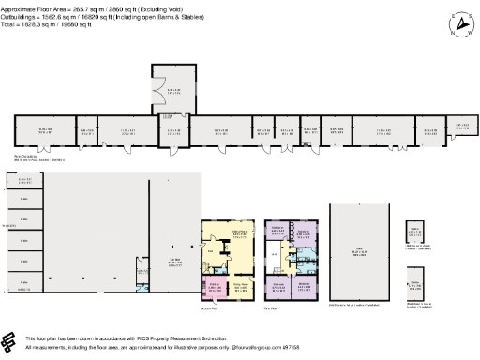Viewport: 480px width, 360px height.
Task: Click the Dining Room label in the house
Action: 238,233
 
